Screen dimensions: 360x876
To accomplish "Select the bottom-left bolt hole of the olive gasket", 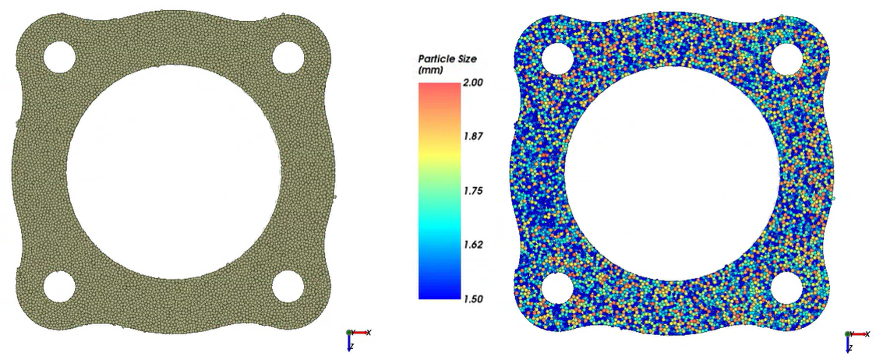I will tap(59, 286).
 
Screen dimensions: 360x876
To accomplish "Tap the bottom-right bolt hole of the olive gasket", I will tap(288, 286).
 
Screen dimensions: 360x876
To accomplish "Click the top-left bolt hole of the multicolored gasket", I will tap(558, 57).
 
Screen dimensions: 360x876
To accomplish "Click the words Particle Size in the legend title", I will tap(447, 59).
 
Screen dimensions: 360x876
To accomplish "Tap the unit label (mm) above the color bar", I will tap(430, 70).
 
